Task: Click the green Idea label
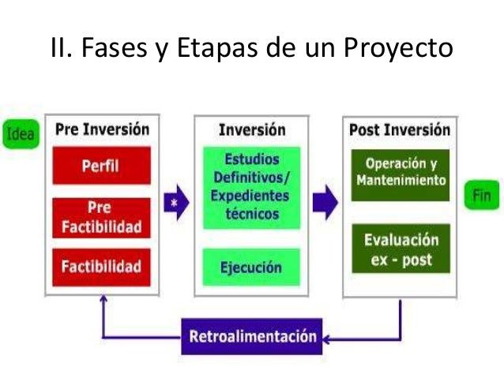click(20, 133)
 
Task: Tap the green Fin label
click(483, 196)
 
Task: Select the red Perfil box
click(100, 166)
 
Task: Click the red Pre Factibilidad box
click(100, 217)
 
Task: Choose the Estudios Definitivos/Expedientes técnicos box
click(251, 186)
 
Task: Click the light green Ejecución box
click(251, 267)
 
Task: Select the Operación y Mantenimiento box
click(400, 174)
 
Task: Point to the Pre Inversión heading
click(101, 129)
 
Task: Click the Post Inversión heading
click(400, 129)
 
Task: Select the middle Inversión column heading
click(251, 129)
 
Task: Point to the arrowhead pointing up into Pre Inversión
click(103, 302)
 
